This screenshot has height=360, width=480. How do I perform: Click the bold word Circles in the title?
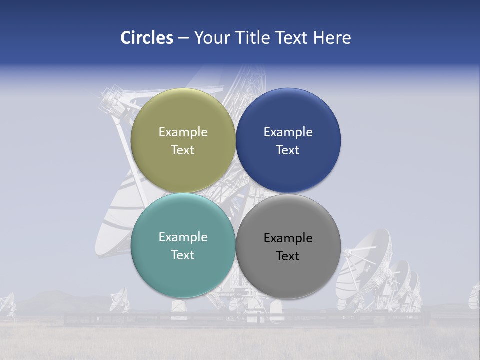tap(146, 38)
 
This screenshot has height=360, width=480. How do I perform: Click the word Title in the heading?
tap(254, 38)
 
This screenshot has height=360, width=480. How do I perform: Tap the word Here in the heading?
tap(332, 38)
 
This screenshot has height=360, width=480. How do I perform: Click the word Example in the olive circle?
tap(183, 132)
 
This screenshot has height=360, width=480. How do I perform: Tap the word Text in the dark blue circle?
tap(288, 150)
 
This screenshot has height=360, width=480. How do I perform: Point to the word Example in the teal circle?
tap(183, 237)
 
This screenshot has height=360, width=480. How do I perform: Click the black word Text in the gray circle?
tap(288, 256)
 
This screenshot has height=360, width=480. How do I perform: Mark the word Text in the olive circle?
tap(183, 150)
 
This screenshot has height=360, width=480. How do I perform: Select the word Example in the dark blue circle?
tap(288, 132)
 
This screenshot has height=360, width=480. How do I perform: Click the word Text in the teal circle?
tap(183, 255)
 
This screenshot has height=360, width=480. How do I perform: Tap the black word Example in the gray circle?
tap(288, 238)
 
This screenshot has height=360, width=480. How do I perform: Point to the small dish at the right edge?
tap(473, 297)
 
